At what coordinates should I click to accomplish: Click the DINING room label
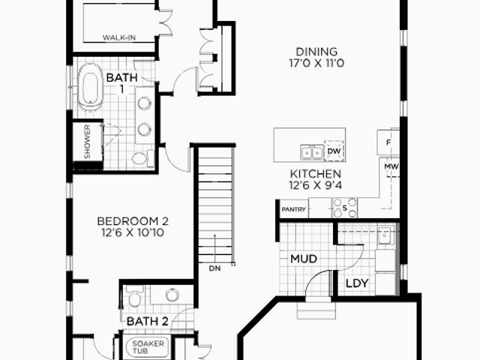click(x=316, y=52)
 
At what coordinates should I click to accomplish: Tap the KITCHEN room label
click(x=315, y=174)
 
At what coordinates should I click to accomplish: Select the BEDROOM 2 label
click(x=133, y=221)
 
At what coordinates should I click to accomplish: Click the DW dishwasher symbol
click(x=334, y=151)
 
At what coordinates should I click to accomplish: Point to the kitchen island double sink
click(x=312, y=152)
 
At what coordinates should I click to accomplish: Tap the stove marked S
click(x=345, y=208)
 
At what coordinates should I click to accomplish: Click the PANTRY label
click(x=293, y=209)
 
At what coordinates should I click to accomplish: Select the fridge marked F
click(x=388, y=142)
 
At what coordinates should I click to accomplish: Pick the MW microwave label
click(x=391, y=166)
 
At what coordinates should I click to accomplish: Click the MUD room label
click(x=303, y=259)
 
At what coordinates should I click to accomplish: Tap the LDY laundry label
click(x=357, y=283)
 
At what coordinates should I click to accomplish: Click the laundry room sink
click(x=384, y=235)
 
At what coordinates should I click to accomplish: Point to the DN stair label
click(x=214, y=268)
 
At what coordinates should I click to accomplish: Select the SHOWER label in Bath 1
click(x=87, y=142)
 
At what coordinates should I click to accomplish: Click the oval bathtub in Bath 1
click(x=89, y=87)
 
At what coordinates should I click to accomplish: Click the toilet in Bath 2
click(x=135, y=296)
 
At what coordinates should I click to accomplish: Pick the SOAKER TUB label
click(x=148, y=346)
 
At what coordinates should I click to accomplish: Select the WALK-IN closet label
click(x=119, y=37)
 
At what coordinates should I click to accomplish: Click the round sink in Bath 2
click(x=172, y=295)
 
